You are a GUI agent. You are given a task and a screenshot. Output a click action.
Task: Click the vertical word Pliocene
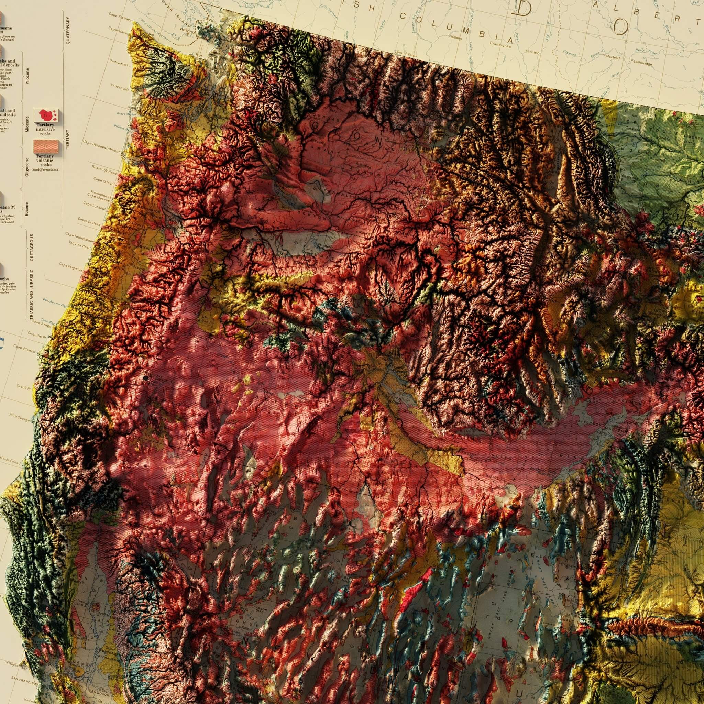click(x=27, y=76)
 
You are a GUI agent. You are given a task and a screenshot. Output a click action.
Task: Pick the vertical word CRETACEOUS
click(x=32, y=247)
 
